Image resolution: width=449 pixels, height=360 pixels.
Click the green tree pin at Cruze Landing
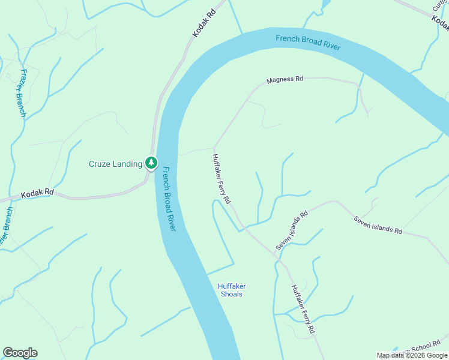click(x=151, y=163)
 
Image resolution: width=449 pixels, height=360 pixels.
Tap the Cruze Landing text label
click(x=116, y=164)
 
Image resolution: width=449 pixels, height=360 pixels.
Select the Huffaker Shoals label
click(x=232, y=290)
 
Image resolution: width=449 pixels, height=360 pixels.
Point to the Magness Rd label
click(x=285, y=79)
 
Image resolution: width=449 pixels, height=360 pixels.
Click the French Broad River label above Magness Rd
click(x=308, y=43)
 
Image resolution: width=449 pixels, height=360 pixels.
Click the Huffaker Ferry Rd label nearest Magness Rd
click(x=221, y=179)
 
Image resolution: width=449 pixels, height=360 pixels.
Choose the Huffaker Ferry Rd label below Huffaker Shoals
click(x=304, y=308)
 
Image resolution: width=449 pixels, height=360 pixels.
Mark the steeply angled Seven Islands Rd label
click(x=292, y=230)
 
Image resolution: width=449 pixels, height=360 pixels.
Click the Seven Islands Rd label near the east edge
click(x=378, y=224)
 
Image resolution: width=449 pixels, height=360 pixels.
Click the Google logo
click(x=20, y=353)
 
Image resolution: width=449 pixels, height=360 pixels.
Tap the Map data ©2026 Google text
click(x=412, y=355)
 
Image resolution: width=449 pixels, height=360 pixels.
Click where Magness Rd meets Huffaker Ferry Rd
click(x=214, y=148)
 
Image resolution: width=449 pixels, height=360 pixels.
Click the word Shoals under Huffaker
click(x=232, y=295)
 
